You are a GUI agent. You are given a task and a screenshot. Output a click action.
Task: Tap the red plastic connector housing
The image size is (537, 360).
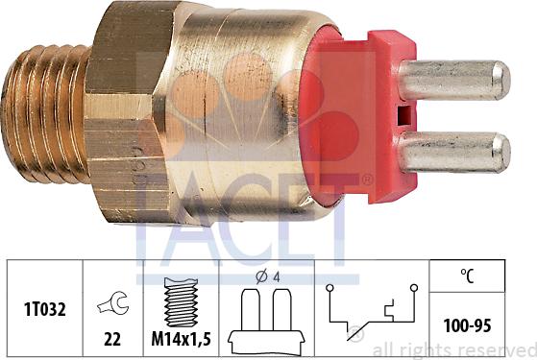[355, 115]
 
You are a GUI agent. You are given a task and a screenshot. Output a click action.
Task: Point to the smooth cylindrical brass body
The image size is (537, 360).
[231, 106]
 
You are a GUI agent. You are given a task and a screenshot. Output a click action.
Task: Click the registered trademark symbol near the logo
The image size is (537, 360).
[368, 180]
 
